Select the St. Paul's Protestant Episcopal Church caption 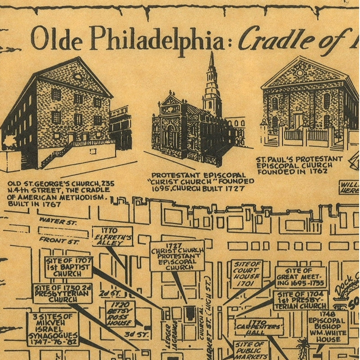coord(299,165)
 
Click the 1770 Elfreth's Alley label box coord(112,236)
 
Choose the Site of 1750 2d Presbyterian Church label coord(62,293)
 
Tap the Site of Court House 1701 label coord(246,274)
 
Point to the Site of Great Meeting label coord(301,277)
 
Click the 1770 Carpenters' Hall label coord(259,327)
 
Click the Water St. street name coord(58,221)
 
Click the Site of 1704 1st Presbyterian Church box coord(301,300)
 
